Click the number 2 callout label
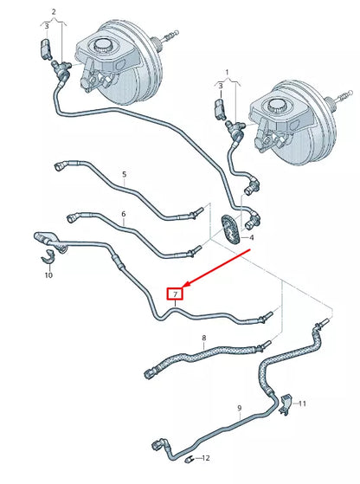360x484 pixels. [x=54, y=11]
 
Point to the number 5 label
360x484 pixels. [x=124, y=174]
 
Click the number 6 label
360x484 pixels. [x=123, y=214]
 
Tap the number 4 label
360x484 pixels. [x=251, y=236]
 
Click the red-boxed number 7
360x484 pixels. [x=175, y=294]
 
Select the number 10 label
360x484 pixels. [x=48, y=275]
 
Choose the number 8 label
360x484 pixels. [x=203, y=338]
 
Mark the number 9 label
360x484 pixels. [x=239, y=406]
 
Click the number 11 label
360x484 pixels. [x=303, y=404]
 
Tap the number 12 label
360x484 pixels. [x=204, y=456]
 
